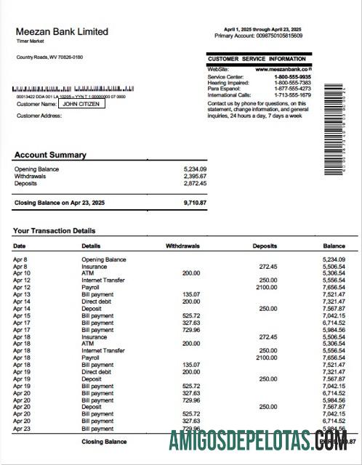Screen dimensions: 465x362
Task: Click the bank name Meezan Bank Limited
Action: pyautogui.click(x=62, y=32)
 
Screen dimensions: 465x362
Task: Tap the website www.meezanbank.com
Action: pyautogui.click(x=283, y=69)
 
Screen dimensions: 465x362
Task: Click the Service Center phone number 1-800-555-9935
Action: pyautogui.click(x=292, y=76)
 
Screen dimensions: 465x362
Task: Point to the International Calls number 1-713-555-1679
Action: pyautogui.click(x=292, y=94)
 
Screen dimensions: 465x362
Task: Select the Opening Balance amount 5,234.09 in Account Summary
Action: pyautogui.click(x=195, y=169)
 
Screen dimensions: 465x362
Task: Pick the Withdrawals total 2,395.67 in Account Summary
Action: pyautogui.click(x=195, y=176)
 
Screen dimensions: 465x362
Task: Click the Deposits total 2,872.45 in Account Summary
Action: pyautogui.click(x=195, y=183)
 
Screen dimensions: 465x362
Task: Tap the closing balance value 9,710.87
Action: pyautogui.click(x=195, y=202)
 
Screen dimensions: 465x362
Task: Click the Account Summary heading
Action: pyautogui.click(x=50, y=155)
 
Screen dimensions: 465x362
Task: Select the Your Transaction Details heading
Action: pyautogui.click(x=54, y=231)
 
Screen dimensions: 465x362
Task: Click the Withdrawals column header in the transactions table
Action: pyautogui.click(x=182, y=246)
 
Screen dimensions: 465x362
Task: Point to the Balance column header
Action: pyautogui.click(x=334, y=246)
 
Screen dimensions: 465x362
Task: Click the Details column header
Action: pyautogui.click(x=91, y=246)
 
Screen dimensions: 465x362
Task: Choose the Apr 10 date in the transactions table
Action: pyautogui.click(x=22, y=272)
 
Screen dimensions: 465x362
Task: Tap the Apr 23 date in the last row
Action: pyautogui.click(x=22, y=429)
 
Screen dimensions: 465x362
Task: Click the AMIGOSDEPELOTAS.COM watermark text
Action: pyautogui.click(x=262, y=441)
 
